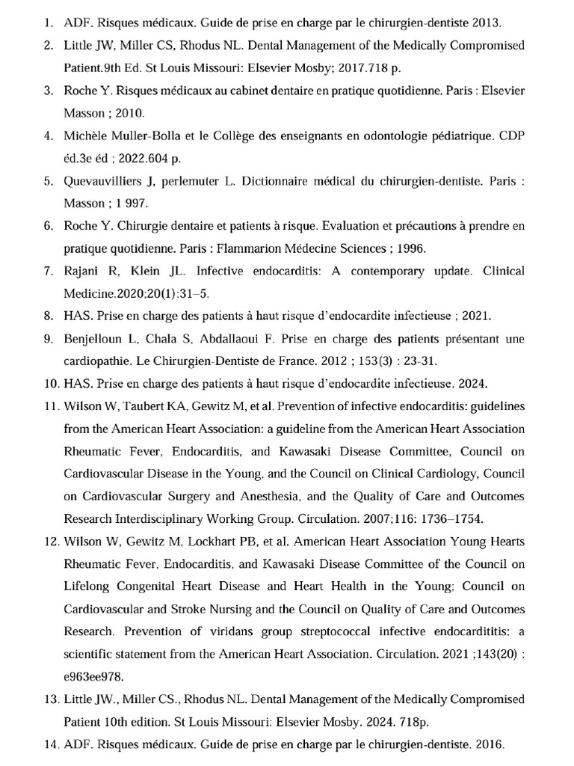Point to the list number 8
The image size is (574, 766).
pyautogui.click(x=49, y=316)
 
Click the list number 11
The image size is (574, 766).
pyautogui.click(x=51, y=406)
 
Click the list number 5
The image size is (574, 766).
pyautogui.click(x=49, y=182)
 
